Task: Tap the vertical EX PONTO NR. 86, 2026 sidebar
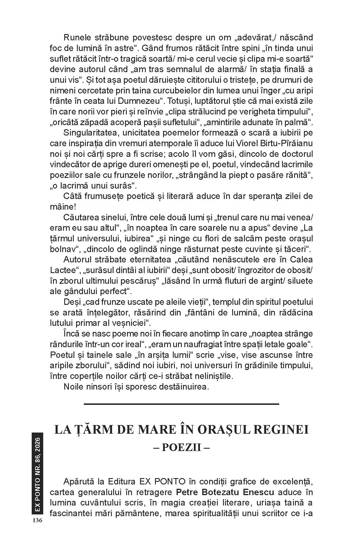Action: (x=37, y=476)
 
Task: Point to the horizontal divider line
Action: (x=181, y=404)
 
